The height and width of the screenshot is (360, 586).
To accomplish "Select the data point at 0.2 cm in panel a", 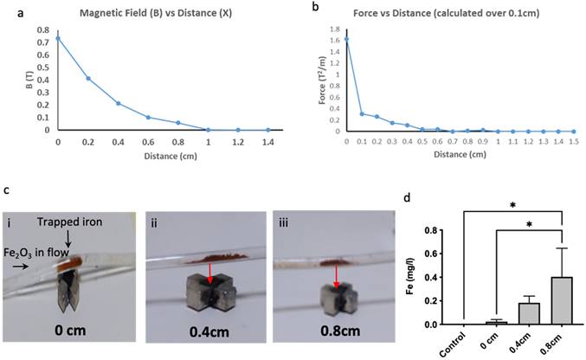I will click(88, 78).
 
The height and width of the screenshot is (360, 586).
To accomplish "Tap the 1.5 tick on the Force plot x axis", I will click(572, 138).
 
